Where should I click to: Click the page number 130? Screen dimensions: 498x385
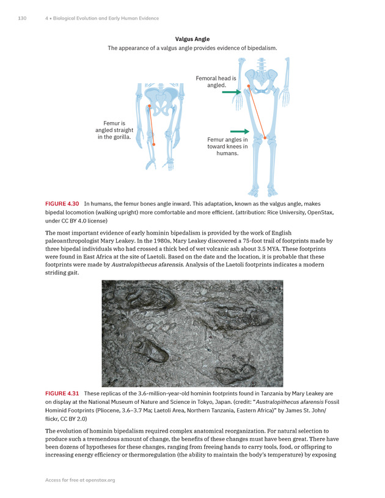click(22, 18)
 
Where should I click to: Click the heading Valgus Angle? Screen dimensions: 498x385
click(193, 39)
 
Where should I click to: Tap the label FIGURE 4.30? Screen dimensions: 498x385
click(64, 203)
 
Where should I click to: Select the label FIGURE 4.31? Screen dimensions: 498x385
click(64, 393)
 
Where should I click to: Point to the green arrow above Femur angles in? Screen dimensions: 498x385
click(240, 131)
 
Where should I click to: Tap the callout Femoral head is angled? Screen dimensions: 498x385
click(215, 82)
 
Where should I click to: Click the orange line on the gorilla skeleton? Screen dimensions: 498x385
click(152, 125)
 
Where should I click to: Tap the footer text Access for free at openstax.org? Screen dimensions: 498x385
click(80, 480)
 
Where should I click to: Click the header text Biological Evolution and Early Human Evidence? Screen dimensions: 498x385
click(105, 18)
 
